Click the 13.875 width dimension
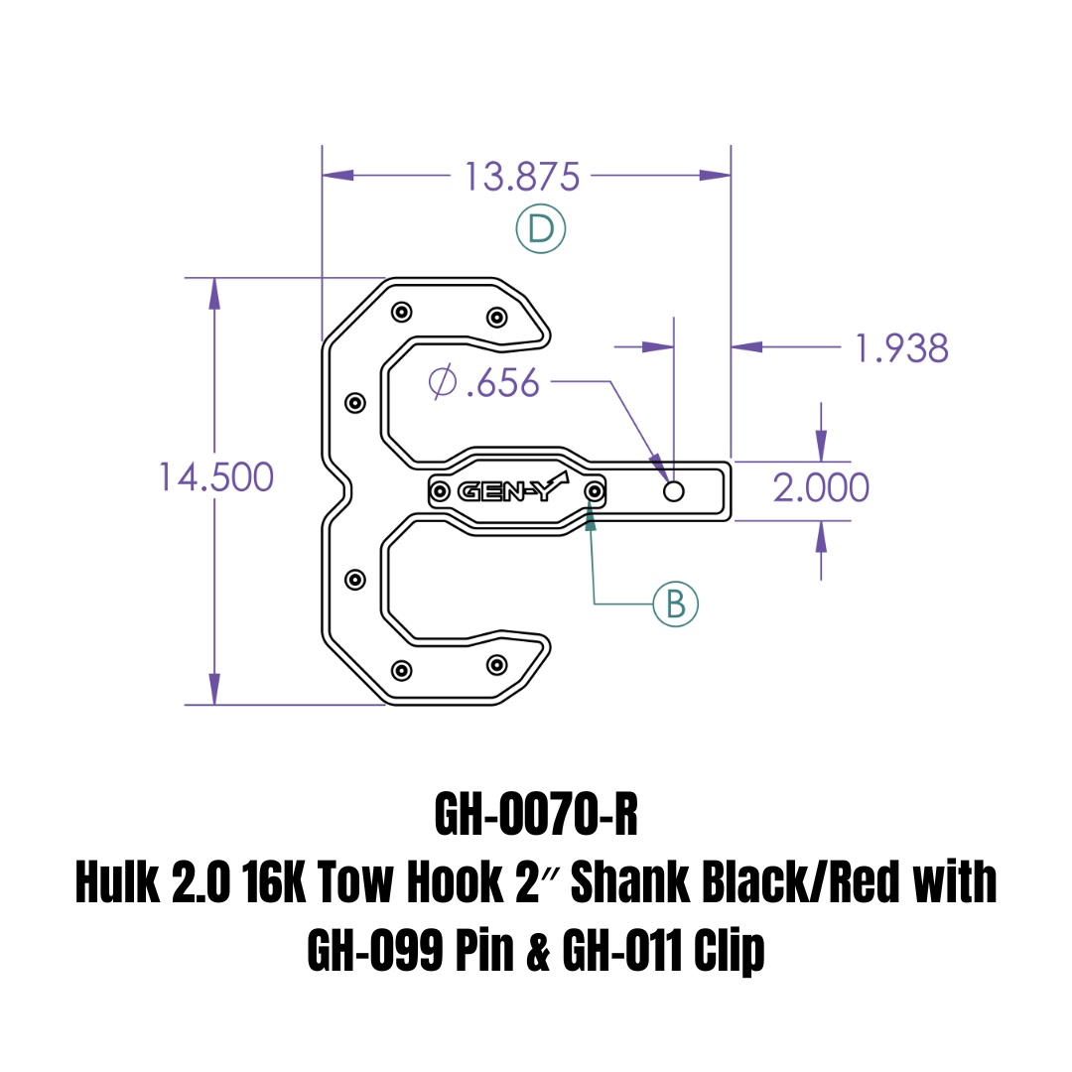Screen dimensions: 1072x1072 (521, 177)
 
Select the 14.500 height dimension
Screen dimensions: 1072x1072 (216, 477)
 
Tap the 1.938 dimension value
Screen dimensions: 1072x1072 (901, 348)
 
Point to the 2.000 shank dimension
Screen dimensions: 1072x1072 (821, 487)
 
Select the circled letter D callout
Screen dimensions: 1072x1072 (540, 230)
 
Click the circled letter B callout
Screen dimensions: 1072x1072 (675, 603)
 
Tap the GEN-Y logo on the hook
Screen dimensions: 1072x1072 (512, 490)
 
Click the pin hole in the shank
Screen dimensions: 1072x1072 (674, 490)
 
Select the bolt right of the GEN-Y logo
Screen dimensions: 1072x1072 (595, 490)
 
